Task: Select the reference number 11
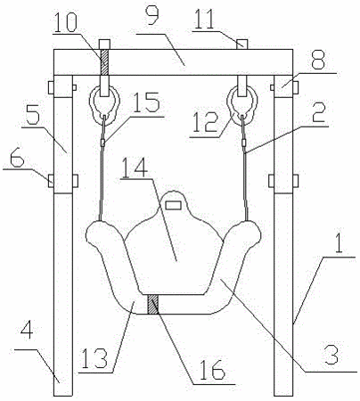[x=203, y=19]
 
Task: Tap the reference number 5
[x=32, y=115]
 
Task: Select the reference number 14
[x=135, y=168]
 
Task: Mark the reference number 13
[x=95, y=357]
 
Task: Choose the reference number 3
[x=331, y=356]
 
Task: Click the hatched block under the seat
[x=153, y=304]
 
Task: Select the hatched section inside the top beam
[x=104, y=61]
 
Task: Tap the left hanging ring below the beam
[x=104, y=105]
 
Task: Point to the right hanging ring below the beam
[x=242, y=105]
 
